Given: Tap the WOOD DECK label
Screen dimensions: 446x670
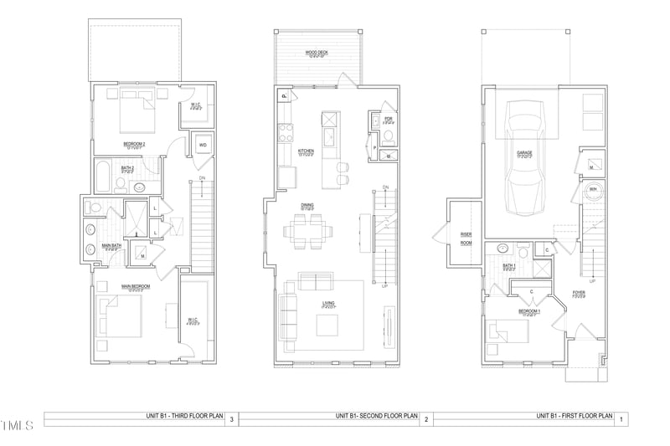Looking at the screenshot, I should [316, 53].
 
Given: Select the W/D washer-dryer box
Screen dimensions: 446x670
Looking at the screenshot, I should [203, 146].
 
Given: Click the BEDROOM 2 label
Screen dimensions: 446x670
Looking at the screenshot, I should [136, 145].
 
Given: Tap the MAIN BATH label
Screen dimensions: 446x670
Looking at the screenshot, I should [114, 246].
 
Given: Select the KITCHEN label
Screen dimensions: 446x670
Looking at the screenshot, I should [307, 151].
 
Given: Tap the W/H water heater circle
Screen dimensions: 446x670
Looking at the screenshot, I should [593, 190].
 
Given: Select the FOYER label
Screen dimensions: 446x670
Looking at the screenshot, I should [578, 293].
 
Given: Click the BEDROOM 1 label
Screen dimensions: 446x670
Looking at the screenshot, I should [529, 311].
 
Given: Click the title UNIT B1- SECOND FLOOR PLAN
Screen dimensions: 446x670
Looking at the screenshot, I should [377, 416].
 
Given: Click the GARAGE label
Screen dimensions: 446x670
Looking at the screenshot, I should [523, 153].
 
